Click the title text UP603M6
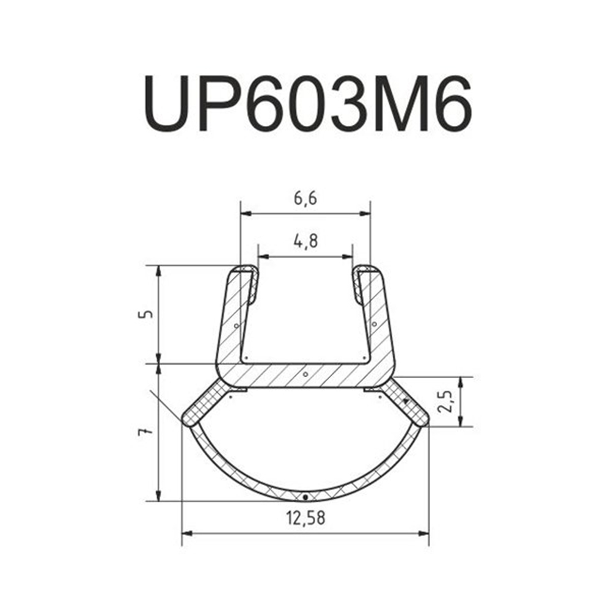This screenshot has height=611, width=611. click(307, 104)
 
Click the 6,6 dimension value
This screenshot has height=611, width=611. click(305, 199)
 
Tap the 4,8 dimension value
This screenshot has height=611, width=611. click(305, 241)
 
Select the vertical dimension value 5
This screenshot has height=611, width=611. click(145, 314)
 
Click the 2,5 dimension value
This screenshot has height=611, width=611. click(444, 401)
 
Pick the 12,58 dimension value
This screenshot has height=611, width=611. click(305, 518)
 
